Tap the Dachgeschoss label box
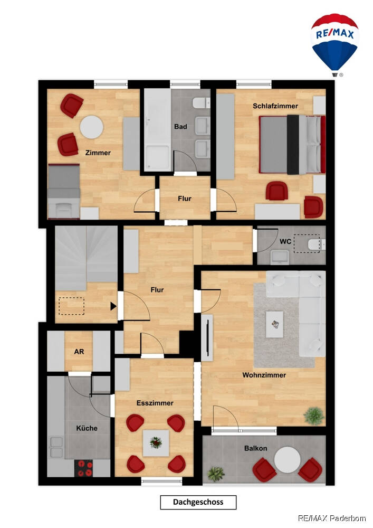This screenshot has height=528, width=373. pos(198,502)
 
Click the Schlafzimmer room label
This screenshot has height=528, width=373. pos(275,106)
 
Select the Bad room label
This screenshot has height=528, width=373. pos(180,127)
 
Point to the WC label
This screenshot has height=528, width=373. pos(285,241)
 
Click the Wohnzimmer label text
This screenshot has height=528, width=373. pos(264,375)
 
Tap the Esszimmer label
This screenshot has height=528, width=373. pos(155,403)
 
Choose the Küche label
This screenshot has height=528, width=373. pos(87,428)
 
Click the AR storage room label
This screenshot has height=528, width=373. pos(79,352)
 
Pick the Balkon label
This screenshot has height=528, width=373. pos(256,448)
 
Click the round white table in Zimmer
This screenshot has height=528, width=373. pos(91,127)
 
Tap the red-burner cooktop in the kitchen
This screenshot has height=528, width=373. pos(83,468)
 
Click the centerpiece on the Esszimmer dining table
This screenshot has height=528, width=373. pos(156,442)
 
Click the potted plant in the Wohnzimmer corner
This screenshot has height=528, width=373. pos(314,416)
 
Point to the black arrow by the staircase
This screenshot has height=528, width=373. pos(113,306)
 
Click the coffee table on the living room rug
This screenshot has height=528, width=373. pos(274,324)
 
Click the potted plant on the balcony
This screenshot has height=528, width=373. pos(216,474)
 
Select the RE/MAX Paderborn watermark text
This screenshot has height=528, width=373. pos(332,518)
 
